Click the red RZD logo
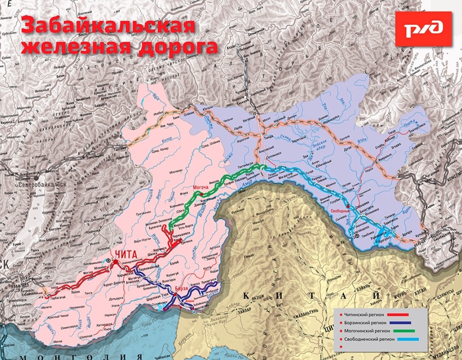pyautogui.click(x=423, y=29)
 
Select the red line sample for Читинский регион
pyautogui.click(x=397, y=315)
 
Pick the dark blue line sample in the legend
pyautogui.click(x=397, y=323)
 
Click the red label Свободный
pyautogui.click(x=340, y=211)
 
